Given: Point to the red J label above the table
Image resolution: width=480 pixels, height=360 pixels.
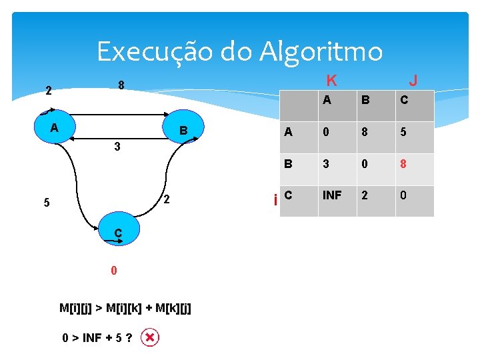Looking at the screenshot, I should point(413,81).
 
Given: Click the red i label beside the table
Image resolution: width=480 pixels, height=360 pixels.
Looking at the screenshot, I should point(275,199).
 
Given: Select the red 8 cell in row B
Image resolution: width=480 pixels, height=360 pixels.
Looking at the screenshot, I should point(404,164).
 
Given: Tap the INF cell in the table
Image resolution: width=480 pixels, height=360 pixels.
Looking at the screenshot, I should point(332,195).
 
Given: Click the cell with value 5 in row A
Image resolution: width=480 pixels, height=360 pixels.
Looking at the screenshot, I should point(404,132).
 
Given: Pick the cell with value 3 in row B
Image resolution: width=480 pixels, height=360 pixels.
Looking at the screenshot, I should point(325,164).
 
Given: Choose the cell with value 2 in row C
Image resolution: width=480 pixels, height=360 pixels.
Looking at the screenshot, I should point(365,195).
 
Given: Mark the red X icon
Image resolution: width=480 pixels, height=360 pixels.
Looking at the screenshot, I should point(151,338).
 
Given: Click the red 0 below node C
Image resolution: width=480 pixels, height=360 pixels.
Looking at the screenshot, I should point(114,271).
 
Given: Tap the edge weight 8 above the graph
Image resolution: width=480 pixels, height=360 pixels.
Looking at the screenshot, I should point(121,86).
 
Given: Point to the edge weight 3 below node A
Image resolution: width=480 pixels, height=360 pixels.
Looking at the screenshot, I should point(117,146).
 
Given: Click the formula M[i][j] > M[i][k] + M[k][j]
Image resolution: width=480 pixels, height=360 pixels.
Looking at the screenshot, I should point(125,308).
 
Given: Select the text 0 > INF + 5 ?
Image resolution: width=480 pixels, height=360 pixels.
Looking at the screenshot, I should point(97,338).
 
